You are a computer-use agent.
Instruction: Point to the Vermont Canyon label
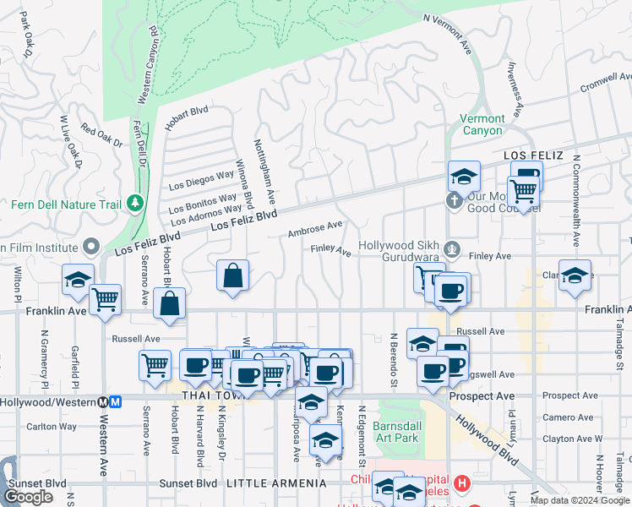[x=483, y=124]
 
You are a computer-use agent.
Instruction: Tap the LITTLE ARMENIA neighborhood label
[x=275, y=482]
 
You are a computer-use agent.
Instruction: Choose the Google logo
[x=28, y=497]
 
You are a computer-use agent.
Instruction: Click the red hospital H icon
[x=461, y=483]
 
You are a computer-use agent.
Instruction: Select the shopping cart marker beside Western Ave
[x=105, y=298]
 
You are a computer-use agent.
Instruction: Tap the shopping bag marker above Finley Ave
[x=232, y=275]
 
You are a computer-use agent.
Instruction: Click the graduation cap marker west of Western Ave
[x=77, y=279]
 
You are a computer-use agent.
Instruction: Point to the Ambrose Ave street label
[x=314, y=228]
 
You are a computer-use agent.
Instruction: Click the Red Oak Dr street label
[x=101, y=135]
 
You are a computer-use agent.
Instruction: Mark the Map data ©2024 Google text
[x=580, y=500]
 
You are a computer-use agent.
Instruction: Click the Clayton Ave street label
[x=568, y=439]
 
